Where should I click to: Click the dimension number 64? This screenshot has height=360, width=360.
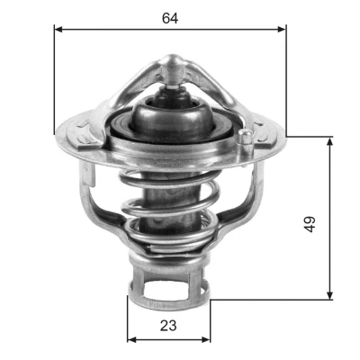170,18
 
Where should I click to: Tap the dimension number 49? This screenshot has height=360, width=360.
310,224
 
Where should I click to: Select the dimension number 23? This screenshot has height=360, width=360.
168,326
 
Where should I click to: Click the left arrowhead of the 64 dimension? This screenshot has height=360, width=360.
58,29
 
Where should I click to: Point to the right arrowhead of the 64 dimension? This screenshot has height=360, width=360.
282,29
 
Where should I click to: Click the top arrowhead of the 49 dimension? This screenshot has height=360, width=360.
330,141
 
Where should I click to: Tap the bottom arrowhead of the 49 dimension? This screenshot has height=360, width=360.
330,295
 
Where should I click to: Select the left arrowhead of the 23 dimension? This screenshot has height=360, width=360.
131,339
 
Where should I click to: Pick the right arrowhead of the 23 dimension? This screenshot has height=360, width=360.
206,339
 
